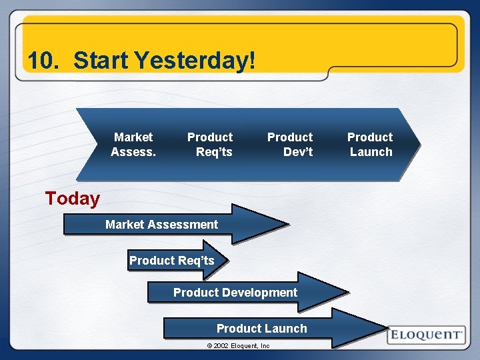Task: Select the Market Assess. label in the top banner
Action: click(133, 145)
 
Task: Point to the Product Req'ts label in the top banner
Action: click(210, 145)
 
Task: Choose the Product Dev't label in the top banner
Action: click(290, 145)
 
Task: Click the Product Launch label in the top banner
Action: click(370, 145)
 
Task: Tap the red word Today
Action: click(72, 199)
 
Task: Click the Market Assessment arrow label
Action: click(161, 225)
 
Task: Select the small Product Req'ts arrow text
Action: click(172, 261)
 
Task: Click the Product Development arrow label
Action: click(235, 293)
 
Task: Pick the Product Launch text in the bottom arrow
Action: click(262, 329)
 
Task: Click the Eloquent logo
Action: click(426, 335)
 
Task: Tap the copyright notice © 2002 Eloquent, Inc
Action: click(238, 346)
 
